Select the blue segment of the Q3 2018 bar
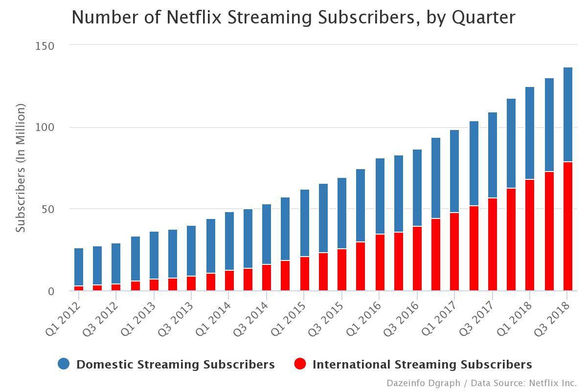coord(567,115)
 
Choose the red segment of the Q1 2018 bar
coord(530,235)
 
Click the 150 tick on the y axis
coord(45,46)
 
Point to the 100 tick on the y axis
coord(45,128)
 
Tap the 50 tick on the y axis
coord(47,209)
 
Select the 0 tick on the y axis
coord(50,291)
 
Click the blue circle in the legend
coord(64,364)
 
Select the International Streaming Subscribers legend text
coord(422,365)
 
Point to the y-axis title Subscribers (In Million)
coord(21,168)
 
